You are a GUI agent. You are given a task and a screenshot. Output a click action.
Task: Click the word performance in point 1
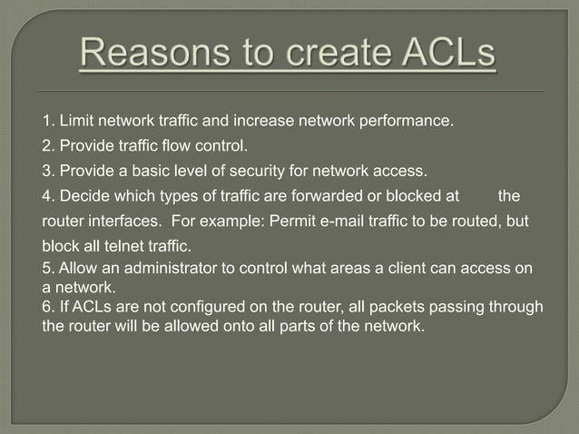(408, 120)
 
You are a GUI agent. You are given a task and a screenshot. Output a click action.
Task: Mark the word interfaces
(128, 221)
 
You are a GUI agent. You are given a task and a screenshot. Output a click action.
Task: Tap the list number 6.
(47, 307)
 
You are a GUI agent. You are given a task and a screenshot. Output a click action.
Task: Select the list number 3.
(47, 169)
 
